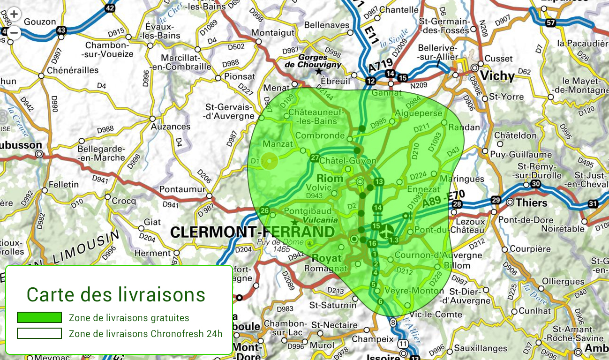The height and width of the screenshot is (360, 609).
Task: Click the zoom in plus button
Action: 14,14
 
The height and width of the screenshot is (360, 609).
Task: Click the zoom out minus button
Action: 14,33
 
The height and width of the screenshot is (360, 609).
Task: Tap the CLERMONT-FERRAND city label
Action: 252,232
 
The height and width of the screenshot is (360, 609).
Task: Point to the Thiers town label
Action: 531,202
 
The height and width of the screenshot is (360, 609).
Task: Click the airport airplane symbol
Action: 386,231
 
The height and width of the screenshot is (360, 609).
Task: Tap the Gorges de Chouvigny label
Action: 313,60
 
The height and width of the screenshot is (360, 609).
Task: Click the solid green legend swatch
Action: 39,317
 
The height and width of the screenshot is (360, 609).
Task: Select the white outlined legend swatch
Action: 39,333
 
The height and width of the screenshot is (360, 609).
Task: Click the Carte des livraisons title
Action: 116,294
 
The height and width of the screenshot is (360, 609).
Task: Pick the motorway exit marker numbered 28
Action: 457,204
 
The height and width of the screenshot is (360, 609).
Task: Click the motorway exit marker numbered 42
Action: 110,8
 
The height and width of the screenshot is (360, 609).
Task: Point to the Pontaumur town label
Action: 182,189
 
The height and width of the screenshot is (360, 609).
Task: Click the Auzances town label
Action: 170,127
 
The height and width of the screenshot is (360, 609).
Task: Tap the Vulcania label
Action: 320,220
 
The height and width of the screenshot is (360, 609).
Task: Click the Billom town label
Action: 457,265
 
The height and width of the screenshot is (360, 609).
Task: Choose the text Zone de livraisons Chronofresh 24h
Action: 145,334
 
